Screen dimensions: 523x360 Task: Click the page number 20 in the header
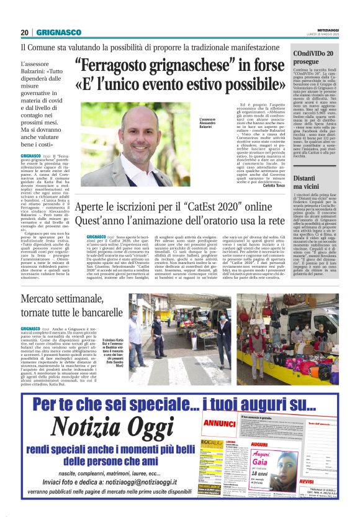coord(25,32)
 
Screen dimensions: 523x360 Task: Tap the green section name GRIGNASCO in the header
coord(56,32)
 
